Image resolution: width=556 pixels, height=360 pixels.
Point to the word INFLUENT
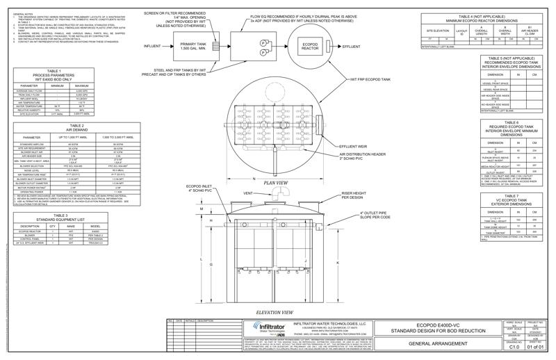tap(155, 46)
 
